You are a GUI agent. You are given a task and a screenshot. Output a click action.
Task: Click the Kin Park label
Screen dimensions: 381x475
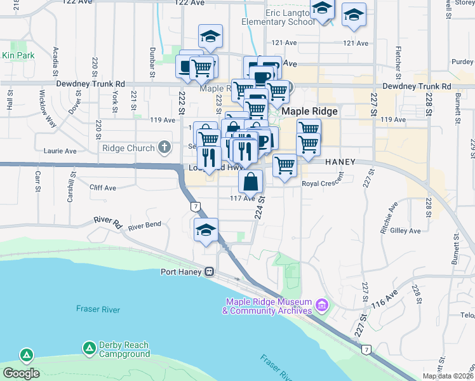click(18, 56)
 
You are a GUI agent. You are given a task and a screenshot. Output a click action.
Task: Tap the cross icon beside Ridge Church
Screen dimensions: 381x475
click(164, 148)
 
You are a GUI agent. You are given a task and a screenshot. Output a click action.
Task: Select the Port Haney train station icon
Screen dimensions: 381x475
click(208, 272)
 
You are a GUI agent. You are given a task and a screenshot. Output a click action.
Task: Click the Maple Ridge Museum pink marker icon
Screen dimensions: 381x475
click(321, 306)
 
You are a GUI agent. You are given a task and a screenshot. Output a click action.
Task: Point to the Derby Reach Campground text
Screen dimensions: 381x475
click(124, 349)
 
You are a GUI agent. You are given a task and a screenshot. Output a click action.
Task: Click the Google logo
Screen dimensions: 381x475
click(21, 373)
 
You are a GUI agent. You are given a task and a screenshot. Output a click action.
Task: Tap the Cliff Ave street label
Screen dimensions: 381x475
click(103, 188)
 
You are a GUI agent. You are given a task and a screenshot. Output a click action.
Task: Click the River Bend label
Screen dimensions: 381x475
click(144, 226)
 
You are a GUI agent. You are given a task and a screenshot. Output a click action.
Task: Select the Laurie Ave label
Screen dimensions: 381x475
click(60, 151)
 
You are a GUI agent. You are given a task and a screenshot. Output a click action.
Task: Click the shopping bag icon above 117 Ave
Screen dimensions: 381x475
click(251, 182)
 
